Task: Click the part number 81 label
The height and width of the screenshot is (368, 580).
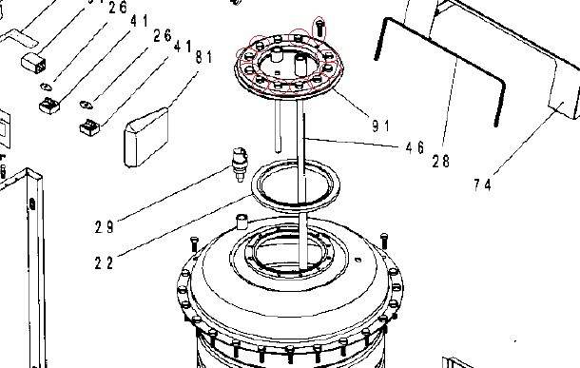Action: coord(203,57)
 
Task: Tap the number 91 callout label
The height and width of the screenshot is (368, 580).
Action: coord(380,126)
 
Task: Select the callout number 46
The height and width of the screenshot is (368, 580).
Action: coord(415,147)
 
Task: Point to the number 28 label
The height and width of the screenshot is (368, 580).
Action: coord(441,162)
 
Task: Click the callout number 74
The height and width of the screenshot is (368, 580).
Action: coord(483,184)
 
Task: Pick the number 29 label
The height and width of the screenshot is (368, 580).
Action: coord(104,226)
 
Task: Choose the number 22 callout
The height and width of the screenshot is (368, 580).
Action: coord(104,263)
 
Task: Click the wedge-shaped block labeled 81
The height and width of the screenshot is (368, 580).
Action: coord(146,137)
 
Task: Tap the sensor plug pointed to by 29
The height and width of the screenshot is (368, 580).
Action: coord(240,165)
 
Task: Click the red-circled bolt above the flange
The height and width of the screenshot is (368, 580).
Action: coord(319,28)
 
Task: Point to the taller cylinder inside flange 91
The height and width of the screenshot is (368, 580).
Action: coord(300,64)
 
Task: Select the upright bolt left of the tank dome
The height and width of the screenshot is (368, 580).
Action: coord(194,244)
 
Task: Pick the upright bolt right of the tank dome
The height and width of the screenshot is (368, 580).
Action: coord(384,241)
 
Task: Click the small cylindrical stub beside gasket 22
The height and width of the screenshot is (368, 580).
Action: coord(242,222)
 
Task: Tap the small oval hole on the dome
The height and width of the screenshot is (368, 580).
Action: coord(358,260)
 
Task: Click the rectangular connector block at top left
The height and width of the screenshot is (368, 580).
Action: coord(34,64)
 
